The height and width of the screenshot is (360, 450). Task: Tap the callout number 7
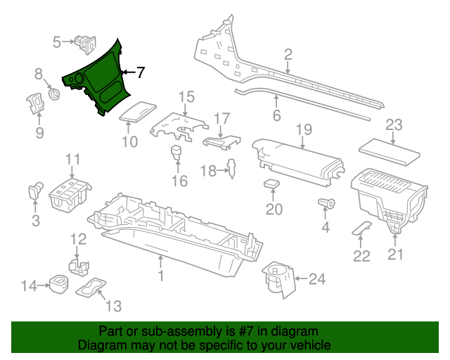coord(140,72)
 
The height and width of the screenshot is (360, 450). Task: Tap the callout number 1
coord(160,276)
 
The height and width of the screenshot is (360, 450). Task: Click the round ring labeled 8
coord(53,94)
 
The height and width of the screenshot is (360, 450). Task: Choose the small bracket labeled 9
coord(33,104)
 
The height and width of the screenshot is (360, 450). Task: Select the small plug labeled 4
coord(328,203)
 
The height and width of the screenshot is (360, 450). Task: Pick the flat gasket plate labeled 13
coord(91,288)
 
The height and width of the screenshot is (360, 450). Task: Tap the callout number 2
coord(288,54)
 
